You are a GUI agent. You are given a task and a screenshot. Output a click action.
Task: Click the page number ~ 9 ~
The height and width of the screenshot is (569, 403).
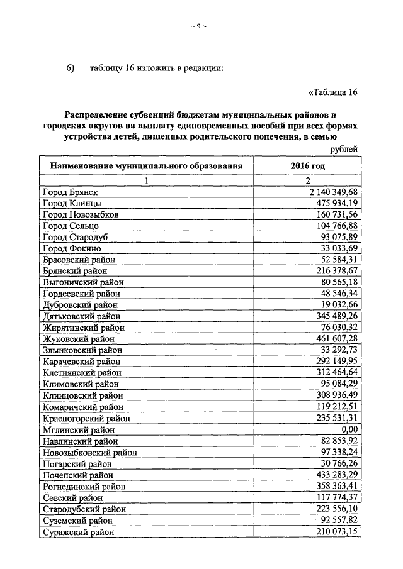point(198,26)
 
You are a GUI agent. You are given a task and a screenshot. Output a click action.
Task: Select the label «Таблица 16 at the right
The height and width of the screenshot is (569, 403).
point(333,92)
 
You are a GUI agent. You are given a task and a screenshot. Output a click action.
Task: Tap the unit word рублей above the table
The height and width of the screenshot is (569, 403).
point(344,149)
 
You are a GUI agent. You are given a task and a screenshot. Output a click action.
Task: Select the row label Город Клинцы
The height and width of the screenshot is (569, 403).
point(72,203)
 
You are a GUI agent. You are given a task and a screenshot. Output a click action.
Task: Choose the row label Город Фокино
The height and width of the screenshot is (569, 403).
point(72,248)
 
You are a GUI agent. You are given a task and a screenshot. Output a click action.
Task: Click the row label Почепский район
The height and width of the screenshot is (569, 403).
point(78,475)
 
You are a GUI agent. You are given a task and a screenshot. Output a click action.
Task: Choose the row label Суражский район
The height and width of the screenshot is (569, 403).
point(79,533)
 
